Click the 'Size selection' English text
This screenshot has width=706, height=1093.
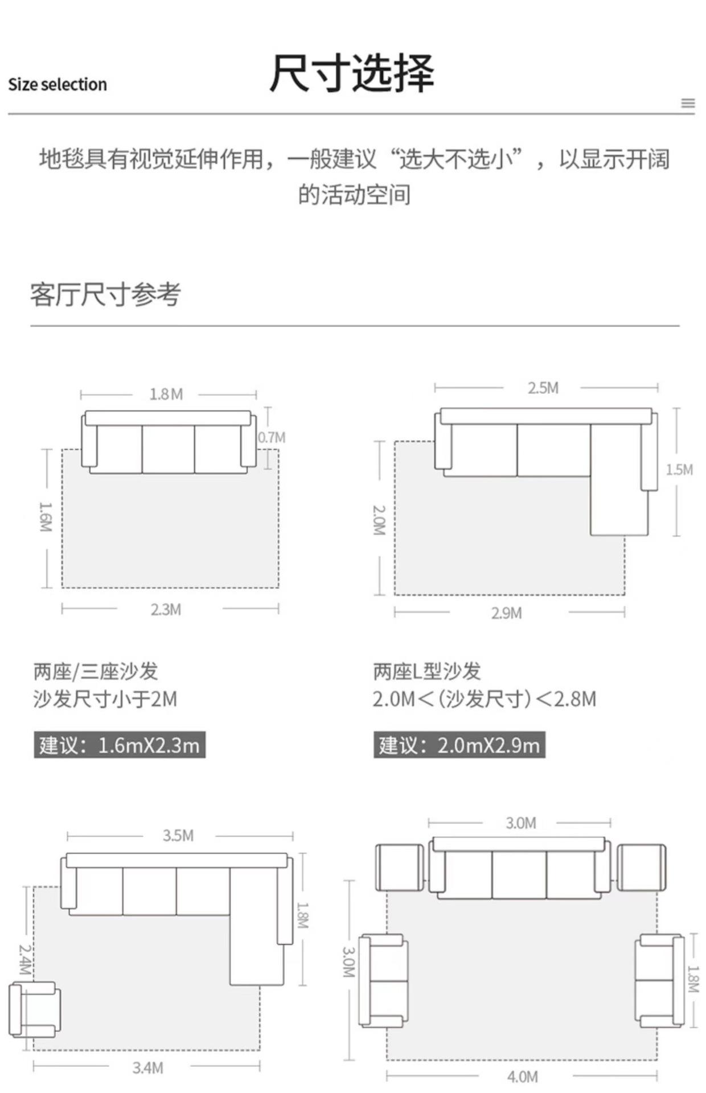[x=58, y=85]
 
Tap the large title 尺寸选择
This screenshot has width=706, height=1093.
[x=352, y=73]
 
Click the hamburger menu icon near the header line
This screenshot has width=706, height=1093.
[x=688, y=103]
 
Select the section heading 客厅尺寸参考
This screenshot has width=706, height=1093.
[x=105, y=295]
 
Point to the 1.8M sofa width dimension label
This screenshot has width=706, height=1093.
[x=166, y=394]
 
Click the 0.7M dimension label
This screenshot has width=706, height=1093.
[x=272, y=437]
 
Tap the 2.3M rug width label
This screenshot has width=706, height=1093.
[x=166, y=610]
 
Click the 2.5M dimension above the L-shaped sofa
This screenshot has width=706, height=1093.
[x=543, y=388]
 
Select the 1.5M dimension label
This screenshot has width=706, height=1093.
[x=679, y=470]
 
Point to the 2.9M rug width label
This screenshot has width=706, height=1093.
[x=506, y=613]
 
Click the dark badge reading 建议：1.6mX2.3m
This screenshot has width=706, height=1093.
[x=120, y=745]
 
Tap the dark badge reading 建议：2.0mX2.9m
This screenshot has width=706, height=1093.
[x=459, y=745]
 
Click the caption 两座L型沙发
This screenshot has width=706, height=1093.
[x=427, y=672]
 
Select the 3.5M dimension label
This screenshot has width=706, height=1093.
[x=178, y=836]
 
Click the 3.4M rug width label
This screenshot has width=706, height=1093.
[x=147, y=1068]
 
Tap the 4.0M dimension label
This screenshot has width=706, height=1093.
[x=522, y=1077]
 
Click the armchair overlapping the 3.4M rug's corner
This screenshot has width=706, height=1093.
[x=34, y=1009]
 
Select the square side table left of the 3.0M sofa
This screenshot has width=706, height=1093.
[x=400, y=868]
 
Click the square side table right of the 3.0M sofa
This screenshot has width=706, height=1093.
[x=642, y=868]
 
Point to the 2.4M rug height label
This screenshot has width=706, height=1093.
[x=24, y=959]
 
